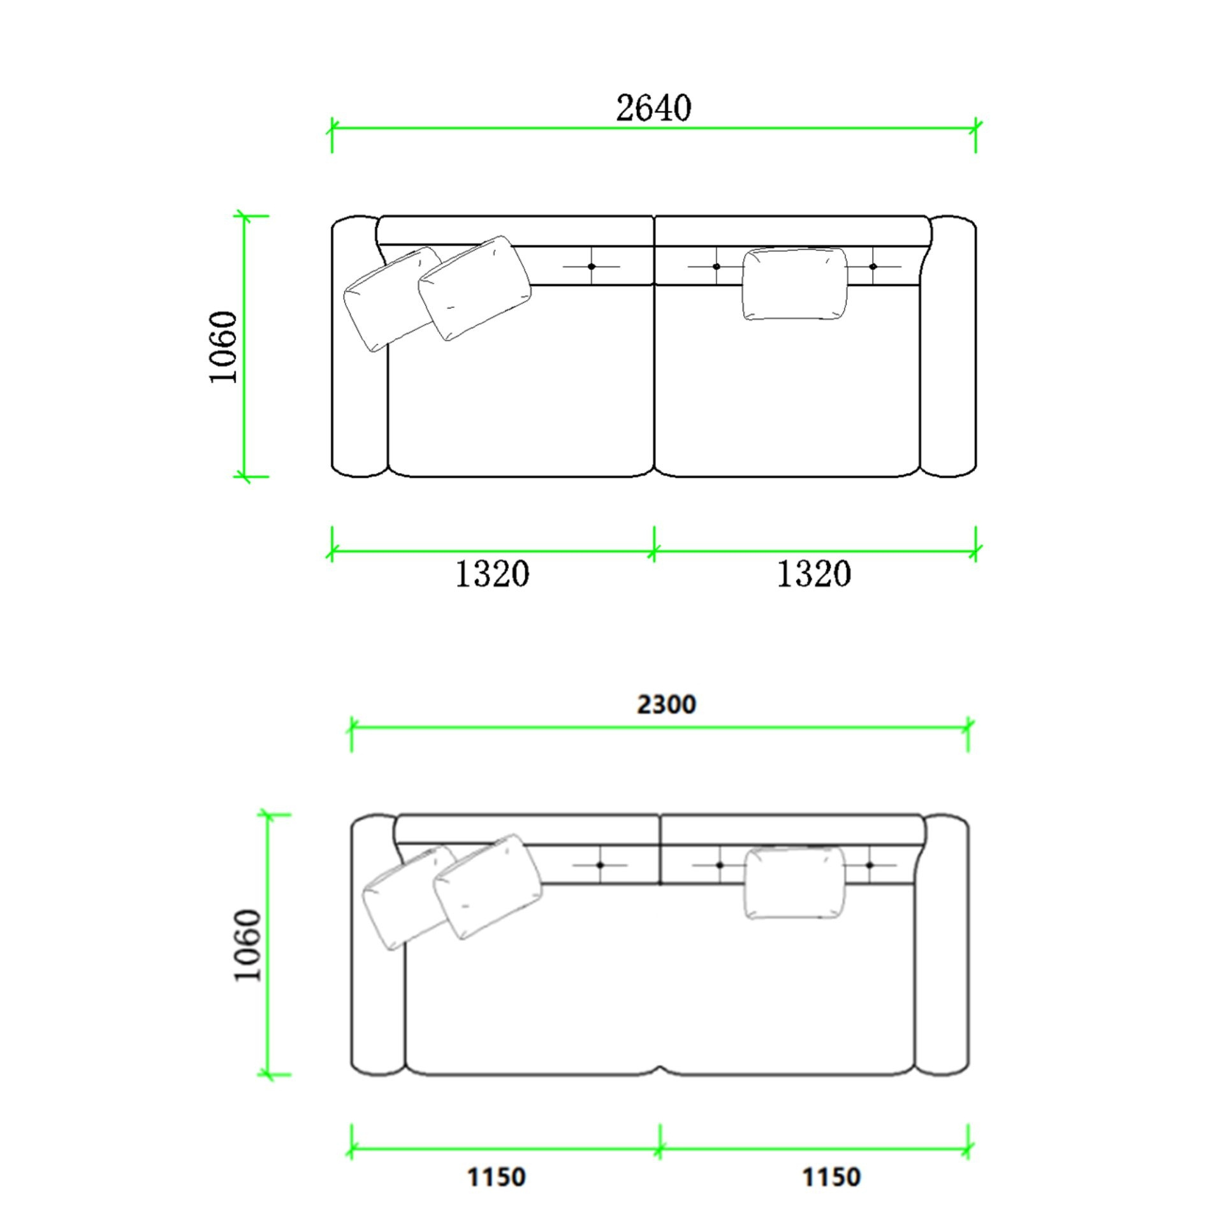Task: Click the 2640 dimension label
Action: [653, 108]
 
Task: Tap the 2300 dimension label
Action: [666, 704]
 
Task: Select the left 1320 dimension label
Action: [492, 574]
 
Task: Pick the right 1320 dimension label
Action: [813, 574]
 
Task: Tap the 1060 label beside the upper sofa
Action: [224, 347]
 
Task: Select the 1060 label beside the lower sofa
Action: [248, 945]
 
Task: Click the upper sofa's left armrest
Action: [359, 347]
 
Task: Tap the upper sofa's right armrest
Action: [949, 347]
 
